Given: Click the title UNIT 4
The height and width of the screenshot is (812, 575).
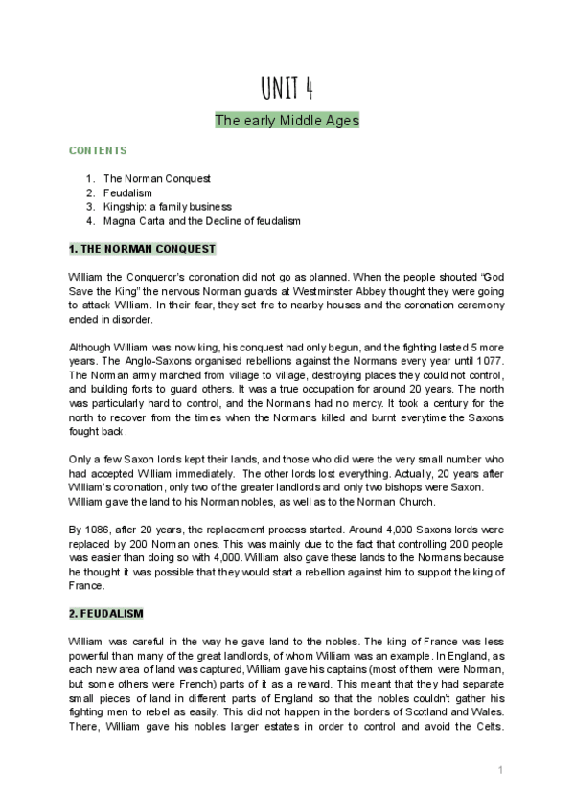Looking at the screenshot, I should click(287, 88).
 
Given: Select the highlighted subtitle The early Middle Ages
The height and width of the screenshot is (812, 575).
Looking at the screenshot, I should click(287, 121).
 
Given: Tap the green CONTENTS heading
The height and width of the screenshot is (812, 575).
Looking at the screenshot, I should click(98, 150).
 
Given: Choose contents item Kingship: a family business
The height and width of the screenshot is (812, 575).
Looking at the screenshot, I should click(168, 206).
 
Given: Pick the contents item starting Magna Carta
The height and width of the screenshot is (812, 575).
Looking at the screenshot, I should click(201, 220).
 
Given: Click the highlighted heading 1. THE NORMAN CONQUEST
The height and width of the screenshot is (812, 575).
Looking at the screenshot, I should click(143, 250).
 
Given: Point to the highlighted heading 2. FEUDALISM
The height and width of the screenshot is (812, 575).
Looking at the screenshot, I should click(106, 613).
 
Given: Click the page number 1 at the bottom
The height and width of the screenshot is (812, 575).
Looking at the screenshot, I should click(500, 770).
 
